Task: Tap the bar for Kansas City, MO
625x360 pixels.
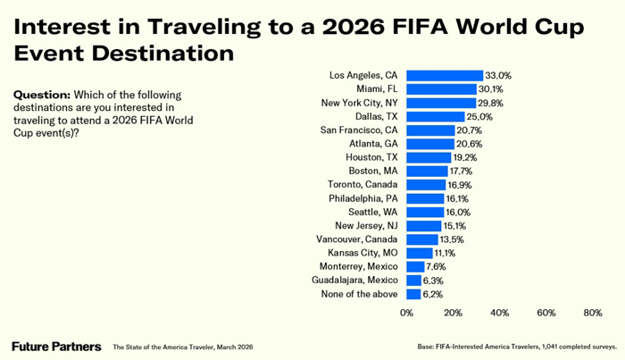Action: click(x=420, y=253)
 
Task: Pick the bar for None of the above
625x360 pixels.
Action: click(x=413, y=294)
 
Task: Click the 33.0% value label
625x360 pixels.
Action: click(x=496, y=76)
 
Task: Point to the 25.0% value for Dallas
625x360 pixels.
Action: click(x=479, y=117)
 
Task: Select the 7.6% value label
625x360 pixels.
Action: click(x=437, y=266)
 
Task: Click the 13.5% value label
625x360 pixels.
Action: click(x=452, y=239)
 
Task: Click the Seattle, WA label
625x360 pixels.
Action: click(x=373, y=212)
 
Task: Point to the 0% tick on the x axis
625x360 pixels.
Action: click(x=406, y=313)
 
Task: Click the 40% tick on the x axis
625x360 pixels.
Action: click(x=499, y=313)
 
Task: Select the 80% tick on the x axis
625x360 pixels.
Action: click(x=592, y=313)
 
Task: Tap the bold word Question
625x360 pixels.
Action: click(x=37, y=95)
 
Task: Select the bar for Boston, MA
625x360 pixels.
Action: click(x=427, y=172)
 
